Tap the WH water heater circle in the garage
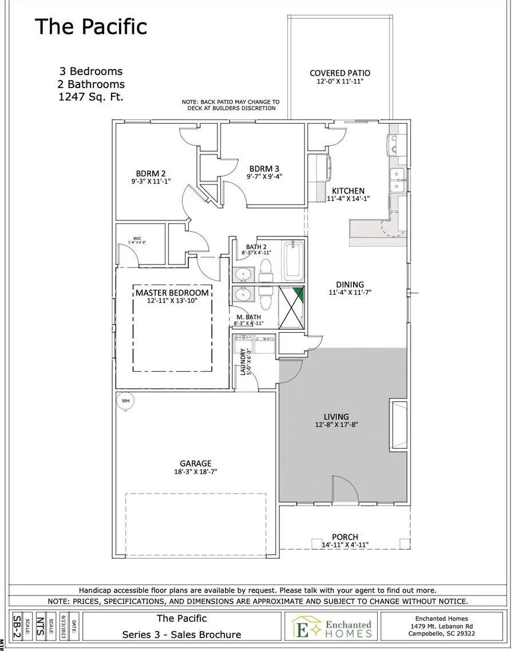[125, 401]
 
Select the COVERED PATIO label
[340, 73]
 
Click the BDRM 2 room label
[151, 173]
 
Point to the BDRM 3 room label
[264, 168]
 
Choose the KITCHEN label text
[348, 191]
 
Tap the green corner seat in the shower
[298, 295]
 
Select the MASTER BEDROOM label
[172, 293]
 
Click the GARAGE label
[196, 463]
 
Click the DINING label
[350, 285]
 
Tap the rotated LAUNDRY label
[243, 362]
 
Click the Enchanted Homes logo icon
[299, 626]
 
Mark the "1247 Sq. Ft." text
[91, 97]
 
